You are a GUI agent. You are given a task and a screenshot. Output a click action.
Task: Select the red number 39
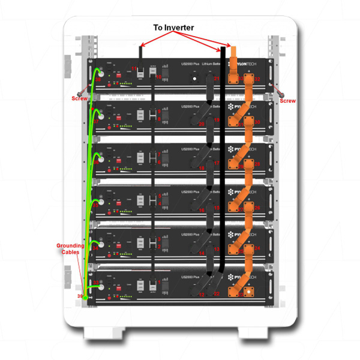click(80, 296)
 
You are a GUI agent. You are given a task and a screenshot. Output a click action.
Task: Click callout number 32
click(257, 79)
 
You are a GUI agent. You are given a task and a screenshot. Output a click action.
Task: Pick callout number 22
click(217, 293)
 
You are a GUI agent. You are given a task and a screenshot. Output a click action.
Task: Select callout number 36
click(96, 163)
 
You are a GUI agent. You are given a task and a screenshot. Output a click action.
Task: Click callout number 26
click(257, 164)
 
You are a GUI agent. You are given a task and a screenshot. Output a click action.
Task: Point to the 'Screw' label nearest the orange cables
click(287, 101)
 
